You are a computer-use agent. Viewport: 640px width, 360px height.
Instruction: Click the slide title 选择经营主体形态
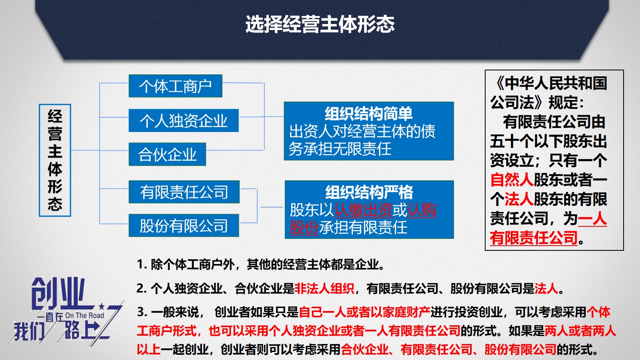coord(320,24)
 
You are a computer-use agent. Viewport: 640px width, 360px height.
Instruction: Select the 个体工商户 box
coord(176,86)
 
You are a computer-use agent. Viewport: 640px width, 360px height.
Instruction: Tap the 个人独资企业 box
coord(184,120)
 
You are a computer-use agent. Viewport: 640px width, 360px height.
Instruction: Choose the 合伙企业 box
coord(167,154)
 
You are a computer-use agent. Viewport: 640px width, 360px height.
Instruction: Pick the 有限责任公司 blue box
coord(184,192)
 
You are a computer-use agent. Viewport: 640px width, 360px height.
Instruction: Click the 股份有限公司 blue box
coord(184,226)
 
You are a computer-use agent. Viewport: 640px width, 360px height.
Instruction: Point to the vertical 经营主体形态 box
coord(55,160)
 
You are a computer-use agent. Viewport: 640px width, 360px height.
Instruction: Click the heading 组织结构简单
coord(368,114)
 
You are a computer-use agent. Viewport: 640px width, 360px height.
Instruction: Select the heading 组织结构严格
coord(369,192)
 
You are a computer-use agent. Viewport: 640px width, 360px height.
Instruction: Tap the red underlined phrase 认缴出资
coord(363,210)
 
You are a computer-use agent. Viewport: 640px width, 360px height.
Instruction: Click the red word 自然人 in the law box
coord(512,180)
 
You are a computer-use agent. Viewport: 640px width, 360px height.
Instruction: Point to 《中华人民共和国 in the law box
coord(549,83)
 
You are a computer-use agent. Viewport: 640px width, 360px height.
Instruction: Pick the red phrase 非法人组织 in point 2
coord(324,288)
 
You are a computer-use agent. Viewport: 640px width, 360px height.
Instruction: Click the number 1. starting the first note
coord(142,264)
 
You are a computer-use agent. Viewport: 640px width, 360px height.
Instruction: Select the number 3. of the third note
coord(142,312)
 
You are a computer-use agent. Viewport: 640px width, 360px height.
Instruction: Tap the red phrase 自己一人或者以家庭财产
coord(364,312)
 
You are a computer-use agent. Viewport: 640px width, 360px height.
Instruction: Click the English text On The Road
coord(84,316)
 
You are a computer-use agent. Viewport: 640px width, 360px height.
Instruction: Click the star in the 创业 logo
coord(101,306)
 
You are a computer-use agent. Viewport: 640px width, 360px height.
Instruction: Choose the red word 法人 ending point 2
coord(546,288)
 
